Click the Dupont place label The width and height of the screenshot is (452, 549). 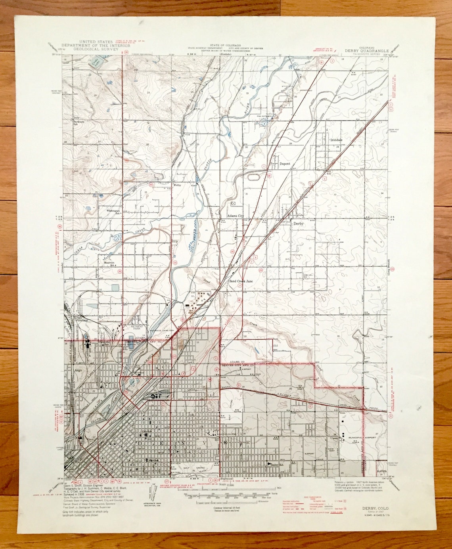pyautogui.click(x=285, y=163)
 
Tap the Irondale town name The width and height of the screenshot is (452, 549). pyautogui.click(x=335, y=140)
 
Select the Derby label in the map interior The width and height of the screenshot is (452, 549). pyautogui.click(x=298, y=224)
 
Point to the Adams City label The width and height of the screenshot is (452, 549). pyautogui.click(x=235, y=216)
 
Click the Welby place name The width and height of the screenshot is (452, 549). pyautogui.click(x=177, y=185)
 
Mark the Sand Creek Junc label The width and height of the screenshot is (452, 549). pyautogui.click(x=241, y=281)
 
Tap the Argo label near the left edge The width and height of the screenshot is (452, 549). pyautogui.click(x=77, y=371)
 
